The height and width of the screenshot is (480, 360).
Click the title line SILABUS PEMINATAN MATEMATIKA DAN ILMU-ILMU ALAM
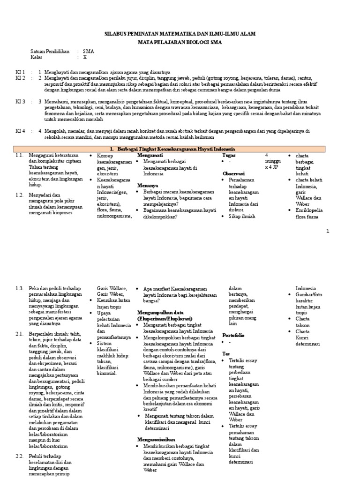[180, 34]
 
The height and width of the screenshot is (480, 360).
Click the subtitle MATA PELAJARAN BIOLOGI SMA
[180, 42]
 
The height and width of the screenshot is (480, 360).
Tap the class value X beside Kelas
[85, 57]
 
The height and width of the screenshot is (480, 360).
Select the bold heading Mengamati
[150, 155]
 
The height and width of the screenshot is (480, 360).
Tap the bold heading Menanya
[147, 186]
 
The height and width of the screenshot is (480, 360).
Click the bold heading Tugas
[229, 155]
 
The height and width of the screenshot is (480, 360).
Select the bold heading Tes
[225, 353]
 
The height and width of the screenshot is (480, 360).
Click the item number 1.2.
[19, 195]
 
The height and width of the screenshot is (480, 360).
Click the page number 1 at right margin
[328, 231]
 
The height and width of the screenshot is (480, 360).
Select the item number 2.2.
[19, 456]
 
